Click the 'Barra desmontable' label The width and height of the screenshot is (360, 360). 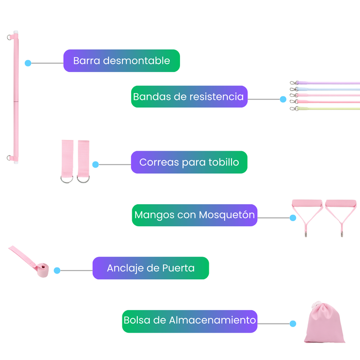(121, 61)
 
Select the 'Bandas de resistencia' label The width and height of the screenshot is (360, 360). (189, 97)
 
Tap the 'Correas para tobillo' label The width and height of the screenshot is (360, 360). (189, 162)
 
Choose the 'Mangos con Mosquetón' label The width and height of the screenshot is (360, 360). (194, 215)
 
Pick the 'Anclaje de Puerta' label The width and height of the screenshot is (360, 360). (151, 268)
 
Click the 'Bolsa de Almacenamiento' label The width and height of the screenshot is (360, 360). (190, 321)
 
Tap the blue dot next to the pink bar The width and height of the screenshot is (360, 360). (28, 63)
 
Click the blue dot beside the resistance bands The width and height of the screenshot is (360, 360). (283, 99)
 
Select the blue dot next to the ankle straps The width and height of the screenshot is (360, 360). (96, 165)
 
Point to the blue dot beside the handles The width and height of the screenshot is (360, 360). (293, 218)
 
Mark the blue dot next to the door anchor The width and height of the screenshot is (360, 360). (57, 271)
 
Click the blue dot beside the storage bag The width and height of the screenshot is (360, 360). (293, 323)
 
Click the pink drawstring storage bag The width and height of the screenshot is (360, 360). (324, 323)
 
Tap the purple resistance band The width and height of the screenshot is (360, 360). (328, 83)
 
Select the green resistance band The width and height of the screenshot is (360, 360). (328, 109)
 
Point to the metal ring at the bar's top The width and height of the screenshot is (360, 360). (9, 37)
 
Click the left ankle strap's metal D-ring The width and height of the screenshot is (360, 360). (67, 179)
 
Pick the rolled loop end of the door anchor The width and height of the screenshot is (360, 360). (43, 270)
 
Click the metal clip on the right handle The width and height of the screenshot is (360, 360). (342, 234)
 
